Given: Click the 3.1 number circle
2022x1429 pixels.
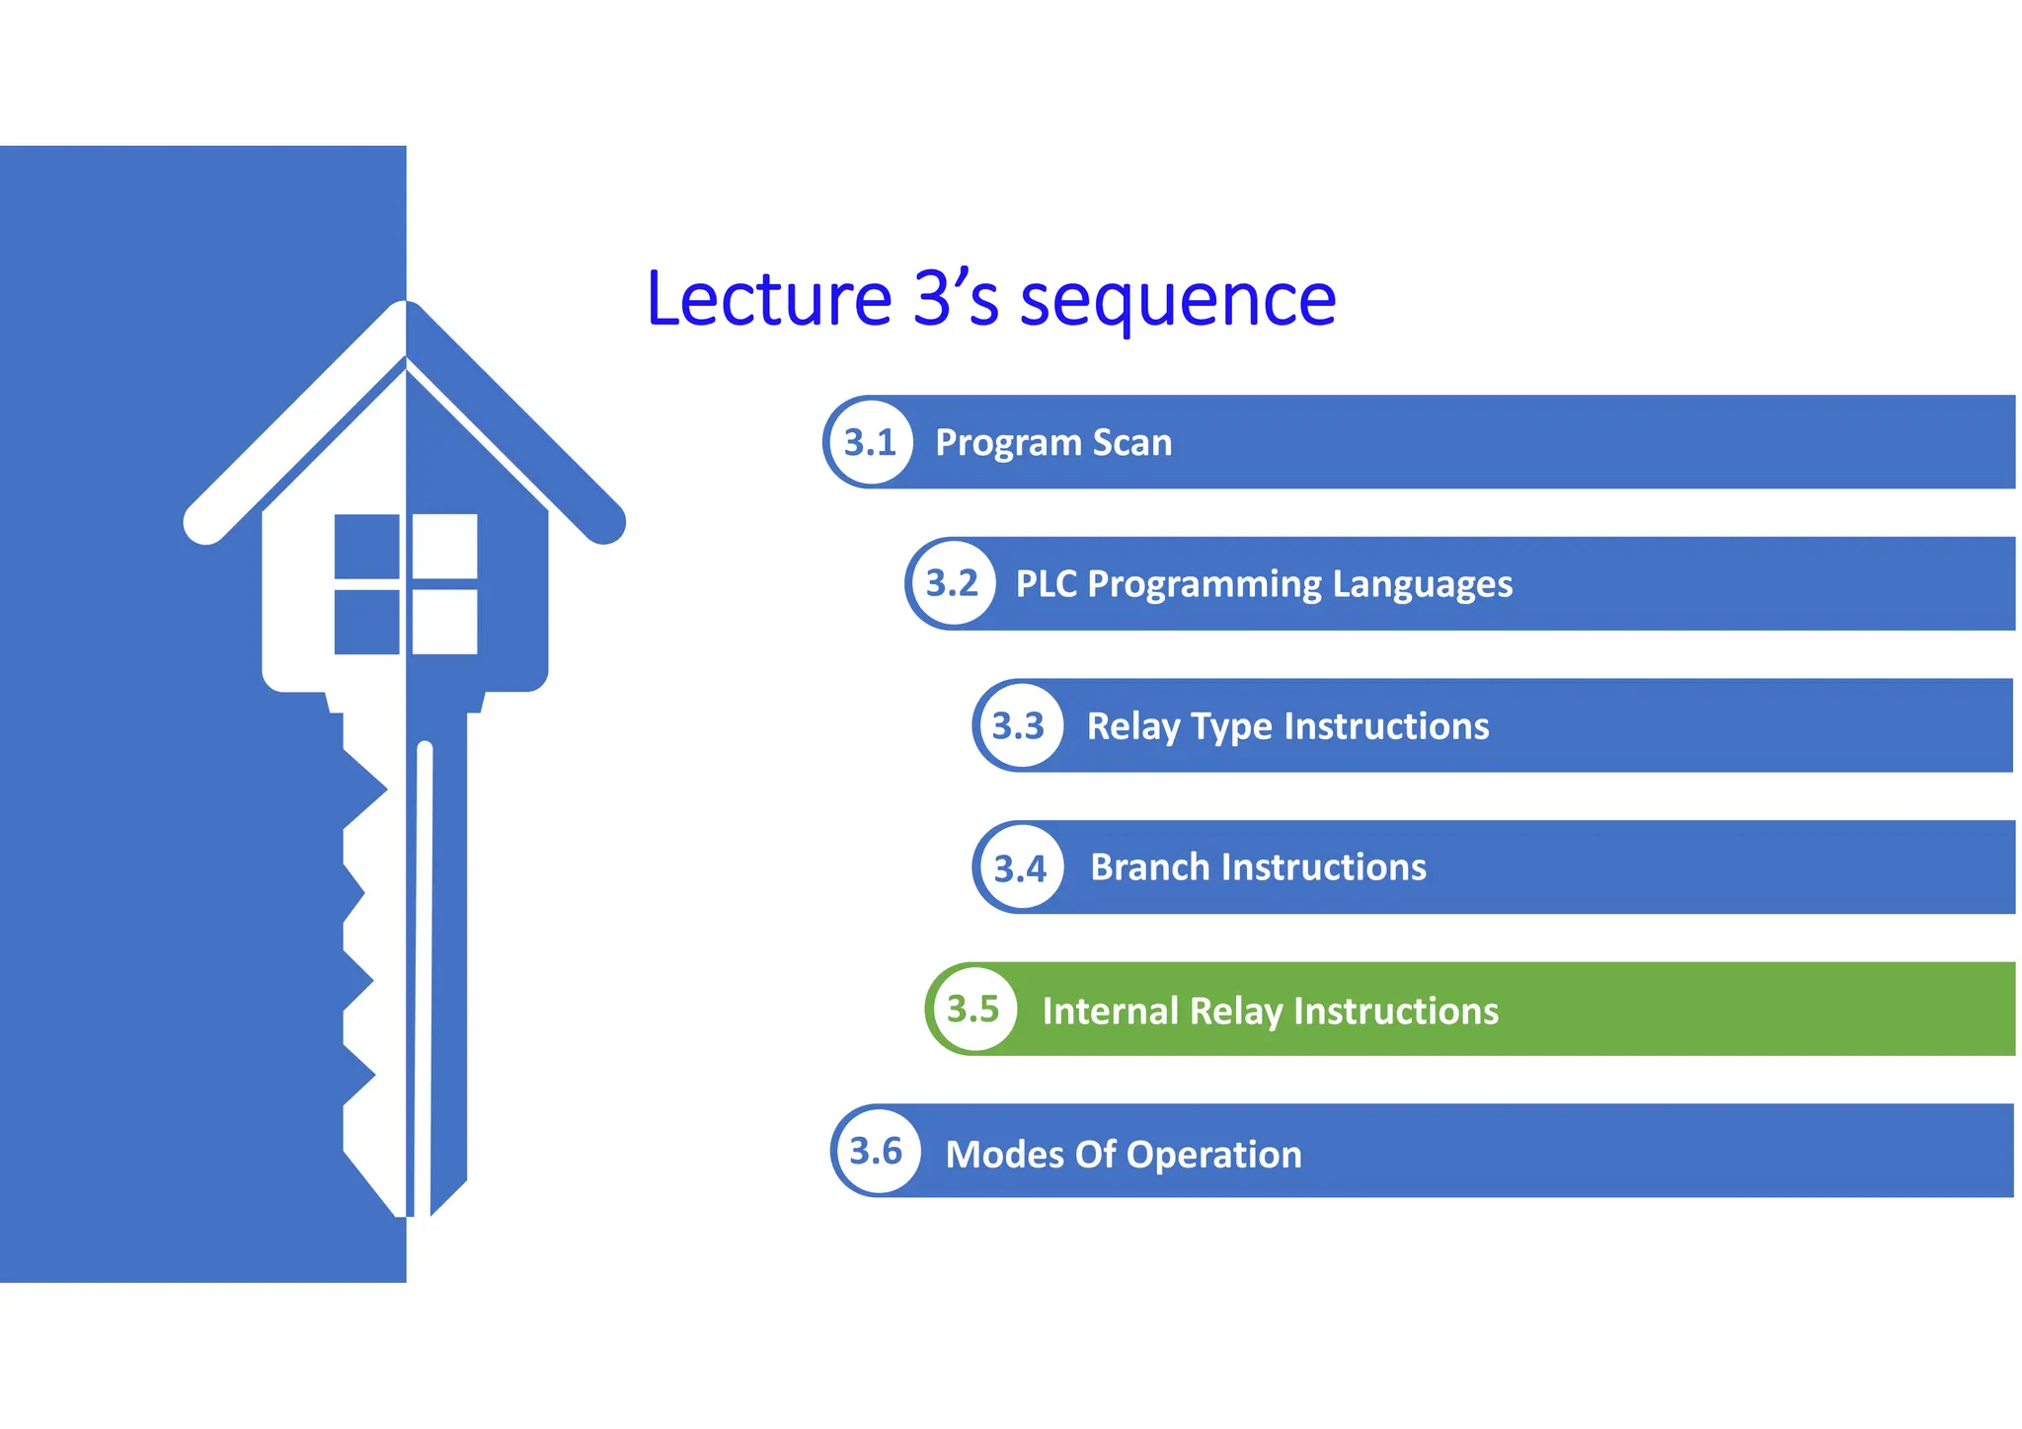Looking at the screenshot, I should [x=870, y=442].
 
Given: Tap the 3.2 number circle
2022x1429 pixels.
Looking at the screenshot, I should [x=952, y=583].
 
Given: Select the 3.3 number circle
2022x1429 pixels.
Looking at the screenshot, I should [x=1019, y=726].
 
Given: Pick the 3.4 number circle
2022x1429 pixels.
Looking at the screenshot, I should [x=1020, y=868].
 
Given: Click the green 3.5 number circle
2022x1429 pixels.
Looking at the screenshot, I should [x=973, y=1010].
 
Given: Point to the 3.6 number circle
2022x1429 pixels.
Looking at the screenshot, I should [x=877, y=1152].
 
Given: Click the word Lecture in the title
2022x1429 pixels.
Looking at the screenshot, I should [x=769, y=299].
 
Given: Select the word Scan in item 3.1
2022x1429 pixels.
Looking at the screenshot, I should [x=1132, y=443].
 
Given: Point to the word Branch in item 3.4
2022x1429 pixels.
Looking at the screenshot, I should [x=1150, y=867].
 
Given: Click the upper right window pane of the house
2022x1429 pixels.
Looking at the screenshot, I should [x=444, y=546].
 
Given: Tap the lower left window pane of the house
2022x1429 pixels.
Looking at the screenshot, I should [x=366, y=622].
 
